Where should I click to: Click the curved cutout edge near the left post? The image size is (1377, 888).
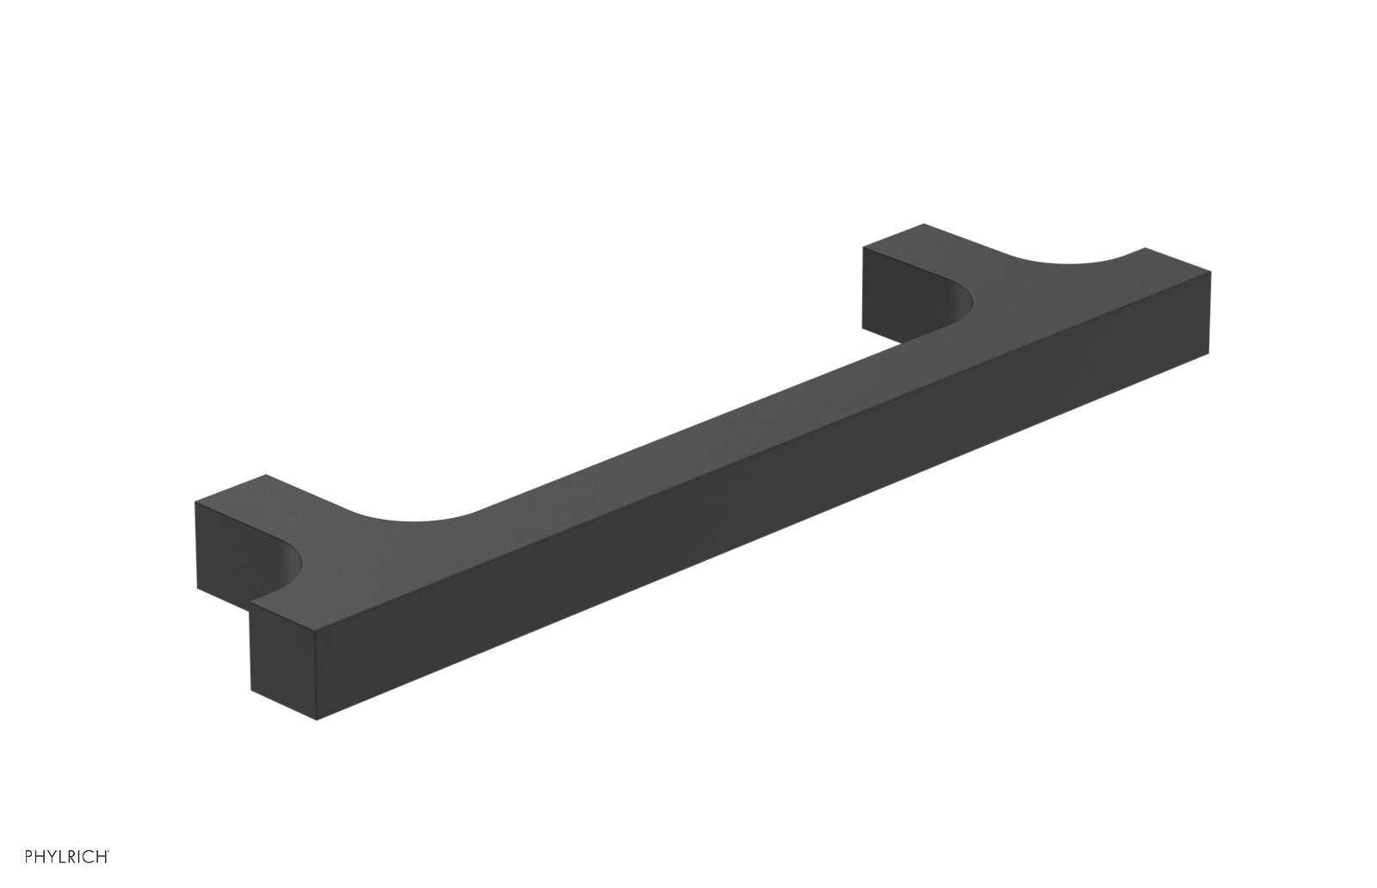coord(413,521)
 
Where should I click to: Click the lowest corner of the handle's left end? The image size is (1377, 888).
coord(318,719)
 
